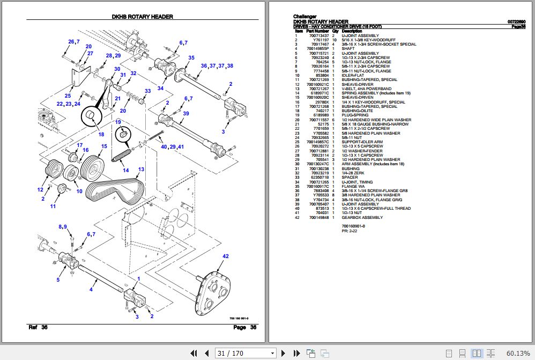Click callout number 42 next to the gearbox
pyautogui.click(x=225, y=256)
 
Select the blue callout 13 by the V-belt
pyautogui.click(x=141, y=170)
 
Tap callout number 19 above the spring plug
pyautogui.click(x=118, y=122)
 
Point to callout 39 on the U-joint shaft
pyautogui.click(x=185, y=113)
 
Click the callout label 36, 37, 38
pyautogui.click(x=217, y=66)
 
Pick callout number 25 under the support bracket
pyautogui.click(x=68, y=96)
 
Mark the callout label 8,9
pyautogui.click(x=63, y=227)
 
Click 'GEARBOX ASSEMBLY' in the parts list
pyautogui.click(x=362, y=218)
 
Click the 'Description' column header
pyautogui.click(x=352, y=31)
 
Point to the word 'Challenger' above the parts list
pyautogui.click(x=304, y=17)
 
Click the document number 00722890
pyautogui.click(x=516, y=22)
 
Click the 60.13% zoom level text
pyautogui.click(x=516, y=353)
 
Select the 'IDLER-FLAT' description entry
pyautogui.click(x=354, y=76)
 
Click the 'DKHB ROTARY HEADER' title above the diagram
pyautogui.click(x=142, y=17)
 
